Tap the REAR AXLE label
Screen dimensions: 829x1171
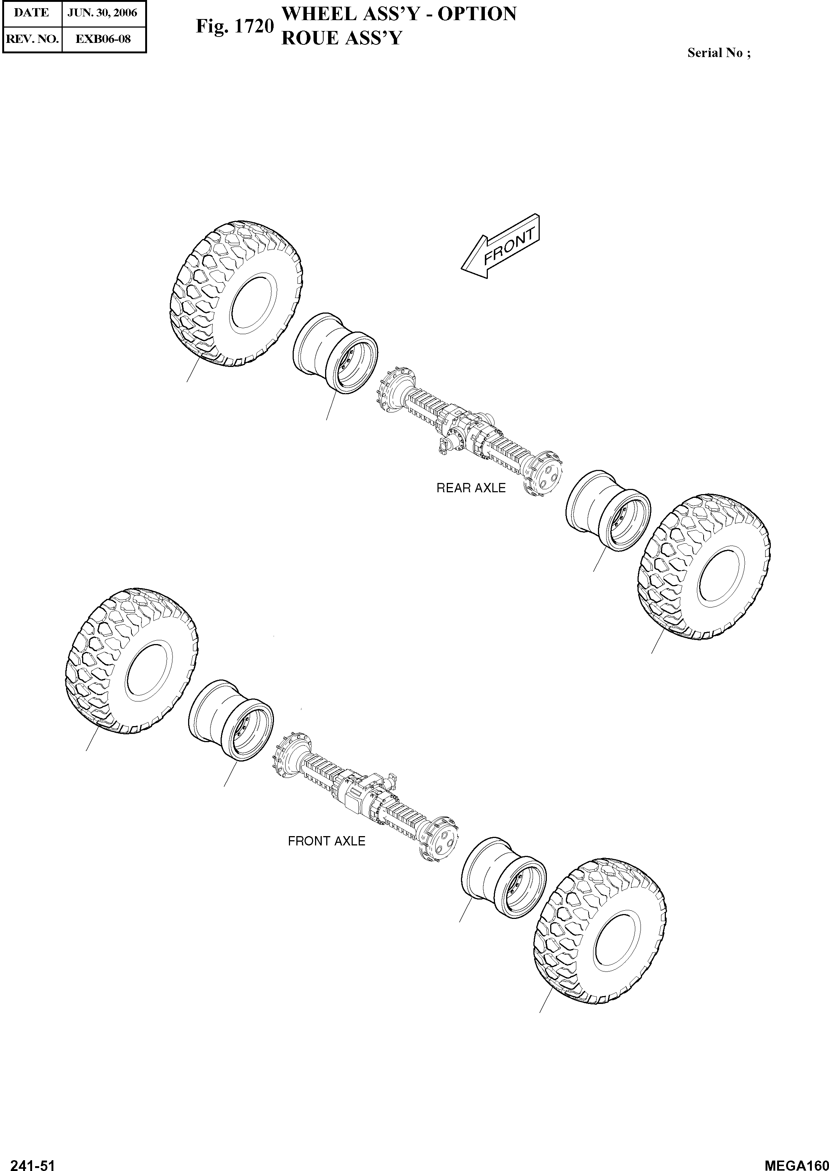(x=471, y=488)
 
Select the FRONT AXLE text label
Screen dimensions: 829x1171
(x=326, y=841)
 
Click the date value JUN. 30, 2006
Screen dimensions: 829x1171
(x=103, y=13)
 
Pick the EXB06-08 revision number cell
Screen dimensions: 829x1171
(x=103, y=39)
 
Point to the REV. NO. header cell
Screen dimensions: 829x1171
(x=32, y=39)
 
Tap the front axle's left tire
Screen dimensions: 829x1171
(x=132, y=662)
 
